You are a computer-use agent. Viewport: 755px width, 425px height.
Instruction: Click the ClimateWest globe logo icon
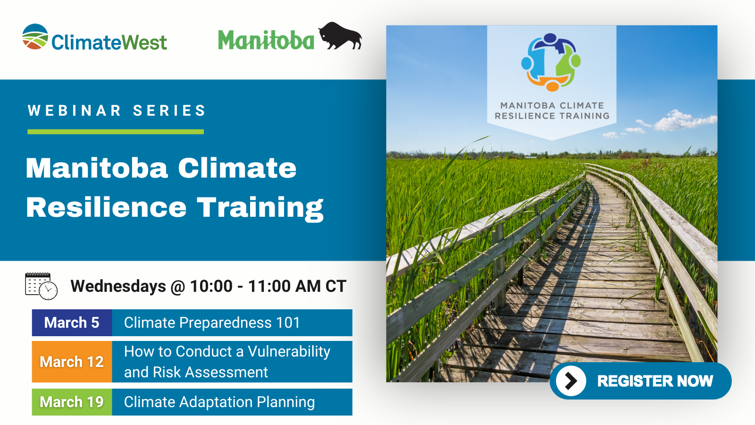[x=35, y=37]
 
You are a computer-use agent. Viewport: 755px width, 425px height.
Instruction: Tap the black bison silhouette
[x=340, y=36]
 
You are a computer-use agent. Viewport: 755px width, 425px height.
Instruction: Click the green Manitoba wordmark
[x=266, y=41]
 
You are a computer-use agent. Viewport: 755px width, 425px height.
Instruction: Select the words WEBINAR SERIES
[x=117, y=110]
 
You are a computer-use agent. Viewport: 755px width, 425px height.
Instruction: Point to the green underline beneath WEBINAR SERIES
[x=116, y=132]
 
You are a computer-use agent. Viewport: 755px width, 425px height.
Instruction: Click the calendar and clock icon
[x=41, y=286]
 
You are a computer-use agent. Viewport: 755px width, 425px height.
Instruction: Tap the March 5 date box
[x=72, y=323]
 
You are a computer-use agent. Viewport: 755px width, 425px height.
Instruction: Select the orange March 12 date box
[x=72, y=362]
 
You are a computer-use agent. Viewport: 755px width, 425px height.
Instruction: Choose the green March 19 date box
[x=72, y=402]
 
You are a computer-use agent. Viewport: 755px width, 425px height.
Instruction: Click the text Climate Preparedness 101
[x=212, y=323]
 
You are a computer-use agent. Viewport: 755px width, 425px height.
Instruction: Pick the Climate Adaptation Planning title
[x=219, y=402]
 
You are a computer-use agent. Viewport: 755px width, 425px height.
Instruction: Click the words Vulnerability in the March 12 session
[x=289, y=352]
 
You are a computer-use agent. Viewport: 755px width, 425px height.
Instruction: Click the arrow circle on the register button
[x=571, y=381]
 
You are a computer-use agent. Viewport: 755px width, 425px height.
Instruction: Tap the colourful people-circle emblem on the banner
[x=551, y=62]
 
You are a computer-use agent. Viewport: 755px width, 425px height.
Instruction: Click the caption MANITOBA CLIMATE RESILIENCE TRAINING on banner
[x=552, y=110]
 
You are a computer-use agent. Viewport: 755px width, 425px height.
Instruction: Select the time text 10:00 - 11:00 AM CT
[x=268, y=286]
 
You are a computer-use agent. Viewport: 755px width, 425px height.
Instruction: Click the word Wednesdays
[x=118, y=286]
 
